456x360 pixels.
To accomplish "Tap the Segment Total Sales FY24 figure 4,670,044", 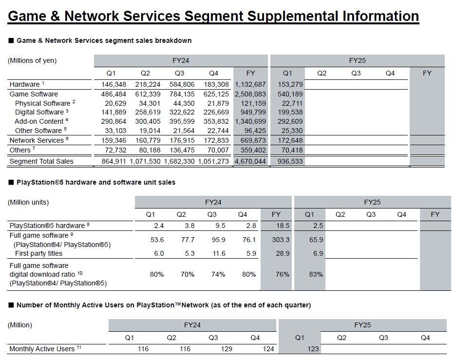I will [250, 161].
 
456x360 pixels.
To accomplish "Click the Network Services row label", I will [37, 140].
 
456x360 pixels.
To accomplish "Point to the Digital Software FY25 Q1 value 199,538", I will [290, 112].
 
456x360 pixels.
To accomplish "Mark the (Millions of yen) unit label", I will [32, 60].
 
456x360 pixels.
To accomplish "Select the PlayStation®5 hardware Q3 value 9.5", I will [212, 226].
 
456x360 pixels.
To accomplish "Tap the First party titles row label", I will [38, 253].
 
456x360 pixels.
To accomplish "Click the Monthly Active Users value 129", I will [212, 349].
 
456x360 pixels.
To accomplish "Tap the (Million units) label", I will [28, 202].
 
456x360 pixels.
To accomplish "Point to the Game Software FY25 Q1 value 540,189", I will [290, 94].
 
